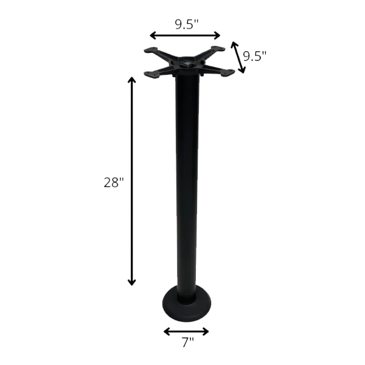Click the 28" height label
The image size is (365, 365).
[114, 182]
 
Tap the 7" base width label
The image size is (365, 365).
[187, 342]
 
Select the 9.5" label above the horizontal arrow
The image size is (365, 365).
[187, 24]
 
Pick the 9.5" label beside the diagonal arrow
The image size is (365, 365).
[254, 56]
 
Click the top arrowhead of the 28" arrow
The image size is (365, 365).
[132, 80]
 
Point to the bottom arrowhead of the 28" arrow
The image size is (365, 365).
[132, 282]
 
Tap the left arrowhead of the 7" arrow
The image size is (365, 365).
[167, 332]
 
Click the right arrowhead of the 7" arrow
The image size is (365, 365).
[206, 332]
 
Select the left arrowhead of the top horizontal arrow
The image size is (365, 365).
[153, 36]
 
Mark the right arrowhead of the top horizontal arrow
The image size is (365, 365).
[217, 36]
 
